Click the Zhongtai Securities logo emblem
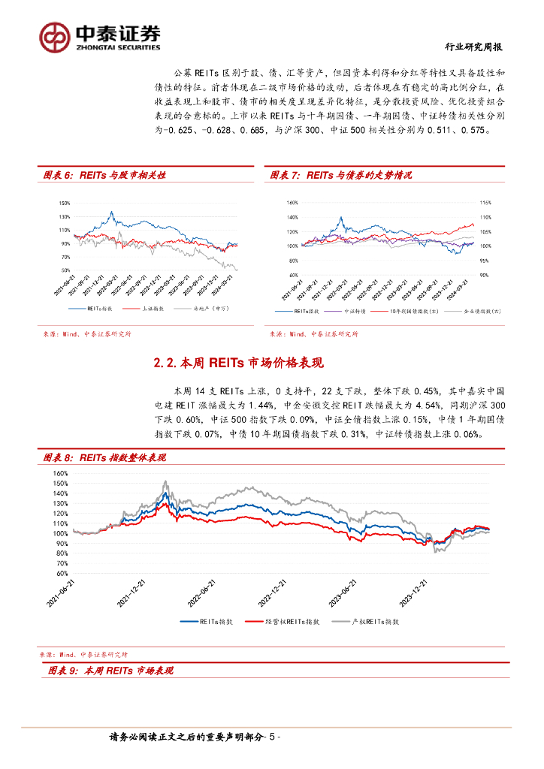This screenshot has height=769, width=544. tap(54, 36)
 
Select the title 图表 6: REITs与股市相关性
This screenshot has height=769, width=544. tap(104, 175)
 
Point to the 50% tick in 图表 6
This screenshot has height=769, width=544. tap(65, 270)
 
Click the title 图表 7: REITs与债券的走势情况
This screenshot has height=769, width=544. tap(342, 175)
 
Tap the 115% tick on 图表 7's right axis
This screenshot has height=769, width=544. tap(485, 203)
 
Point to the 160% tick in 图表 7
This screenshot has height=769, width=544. tap(292, 203)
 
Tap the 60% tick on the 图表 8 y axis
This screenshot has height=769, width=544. tap(61, 562)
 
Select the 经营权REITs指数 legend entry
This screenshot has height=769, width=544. tap(292, 621)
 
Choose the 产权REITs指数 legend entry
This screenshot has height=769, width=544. tap(373, 621)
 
